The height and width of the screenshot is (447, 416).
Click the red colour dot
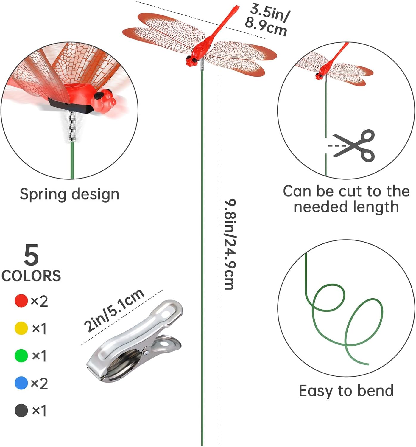[x=21, y=301]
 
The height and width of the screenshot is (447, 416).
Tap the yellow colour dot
[x=21, y=328]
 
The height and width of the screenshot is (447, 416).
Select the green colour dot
[x=21, y=356]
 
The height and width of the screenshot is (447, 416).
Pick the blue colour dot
[x=21, y=383]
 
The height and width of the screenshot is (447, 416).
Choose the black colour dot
[x=21, y=410]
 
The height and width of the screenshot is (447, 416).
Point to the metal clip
[x=134, y=343]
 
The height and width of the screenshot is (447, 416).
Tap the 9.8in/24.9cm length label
[x=230, y=244]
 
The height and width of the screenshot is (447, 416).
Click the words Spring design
[x=69, y=194]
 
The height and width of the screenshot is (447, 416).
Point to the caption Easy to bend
[x=346, y=391]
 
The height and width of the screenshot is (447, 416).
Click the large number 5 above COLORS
[x=31, y=255]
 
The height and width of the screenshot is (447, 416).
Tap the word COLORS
[x=31, y=276]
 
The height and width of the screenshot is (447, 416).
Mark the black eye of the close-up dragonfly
[x=99, y=96]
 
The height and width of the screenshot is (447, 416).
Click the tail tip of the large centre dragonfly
[x=236, y=7]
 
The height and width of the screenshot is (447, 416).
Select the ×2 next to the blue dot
[x=39, y=384]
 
